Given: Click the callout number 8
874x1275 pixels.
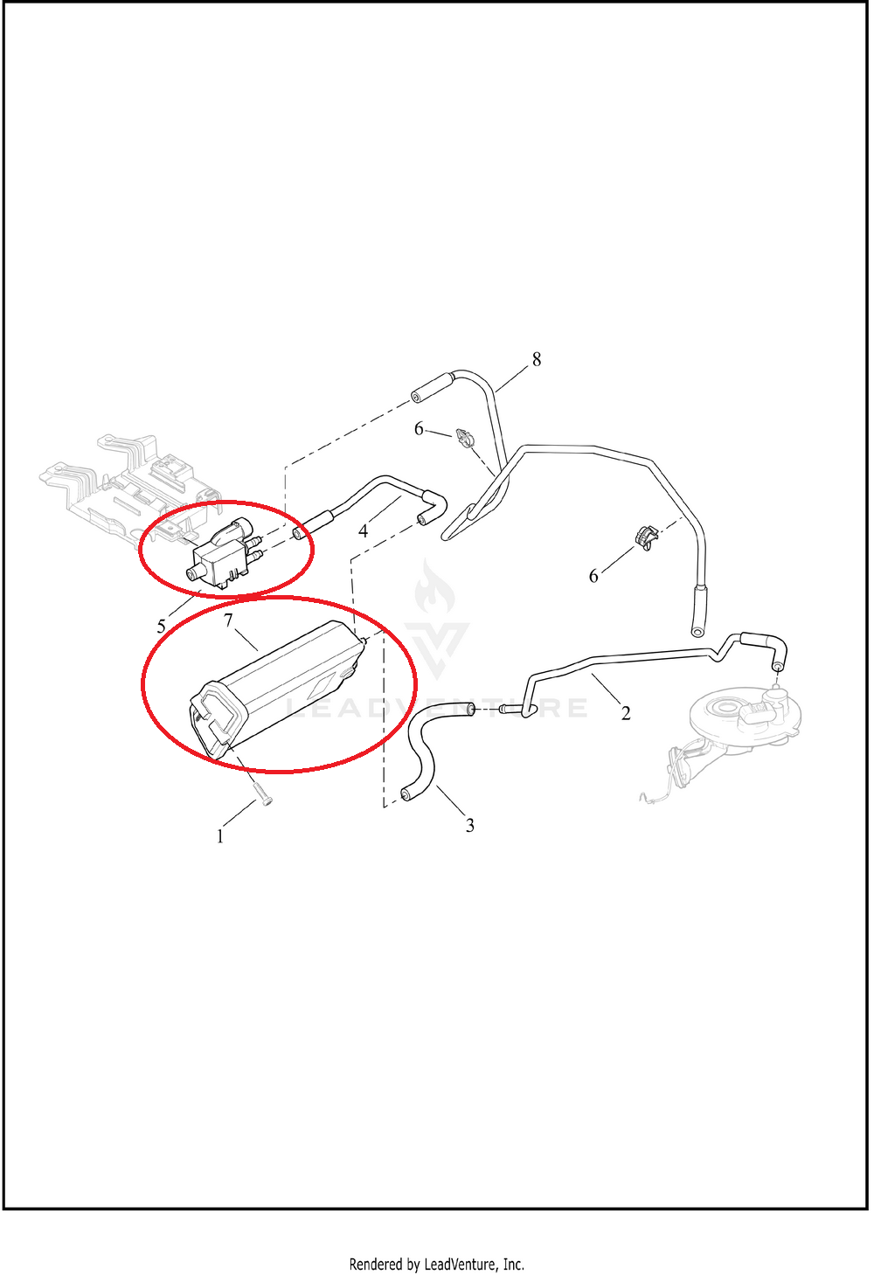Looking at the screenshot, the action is point(537,360).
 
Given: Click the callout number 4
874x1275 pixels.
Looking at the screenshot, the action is point(364,531).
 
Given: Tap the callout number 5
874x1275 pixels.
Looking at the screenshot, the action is point(161,627).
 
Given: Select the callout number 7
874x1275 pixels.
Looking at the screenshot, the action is point(228,620).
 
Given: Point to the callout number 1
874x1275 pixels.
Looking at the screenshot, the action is point(220,836).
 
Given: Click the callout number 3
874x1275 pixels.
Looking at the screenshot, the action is point(469,825).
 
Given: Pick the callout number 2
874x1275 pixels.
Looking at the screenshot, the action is point(626,712).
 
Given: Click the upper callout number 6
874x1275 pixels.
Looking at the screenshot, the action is point(419,428).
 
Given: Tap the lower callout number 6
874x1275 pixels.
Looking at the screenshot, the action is point(593,576).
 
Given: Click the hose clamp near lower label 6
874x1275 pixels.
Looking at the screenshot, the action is point(645,538).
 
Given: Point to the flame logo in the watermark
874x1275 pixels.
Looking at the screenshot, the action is point(435,590).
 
